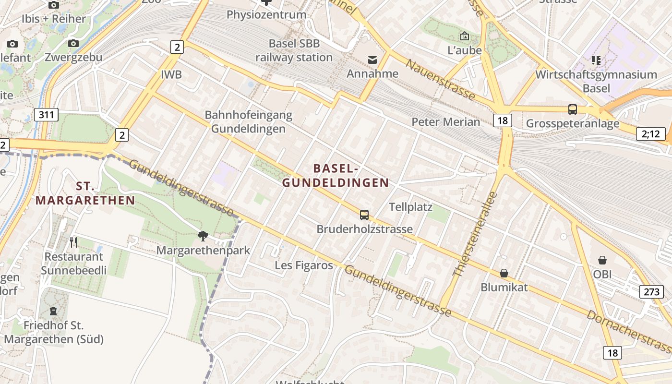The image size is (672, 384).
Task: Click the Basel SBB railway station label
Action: tap(294, 50)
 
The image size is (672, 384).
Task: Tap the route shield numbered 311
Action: tap(47, 115)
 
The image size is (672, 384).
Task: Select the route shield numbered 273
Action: tap(651, 291)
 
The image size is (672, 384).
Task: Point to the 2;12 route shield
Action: tap(651, 134)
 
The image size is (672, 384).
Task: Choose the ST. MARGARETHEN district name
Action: tap(85, 193)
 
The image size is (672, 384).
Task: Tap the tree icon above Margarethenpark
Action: tap(203, 236)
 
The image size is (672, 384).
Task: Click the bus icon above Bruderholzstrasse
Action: tap(364, 215)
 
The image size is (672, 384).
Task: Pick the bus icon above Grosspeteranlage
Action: tap(573, 109)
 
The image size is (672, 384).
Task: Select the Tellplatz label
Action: tap(410, 207)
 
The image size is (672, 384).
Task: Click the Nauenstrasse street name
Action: tap(440, 79)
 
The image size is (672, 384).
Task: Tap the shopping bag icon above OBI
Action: tap(602, 260)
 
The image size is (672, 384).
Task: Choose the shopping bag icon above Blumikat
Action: tap(504, 273)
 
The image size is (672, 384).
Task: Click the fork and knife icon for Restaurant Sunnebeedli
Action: tap(73, 242)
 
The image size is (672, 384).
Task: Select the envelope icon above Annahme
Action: tap(372, 60)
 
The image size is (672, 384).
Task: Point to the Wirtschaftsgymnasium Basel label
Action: tap(596, 81)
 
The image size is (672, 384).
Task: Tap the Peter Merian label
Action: tap(445, 122)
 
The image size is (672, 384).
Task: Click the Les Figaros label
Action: tap(304, 265)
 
